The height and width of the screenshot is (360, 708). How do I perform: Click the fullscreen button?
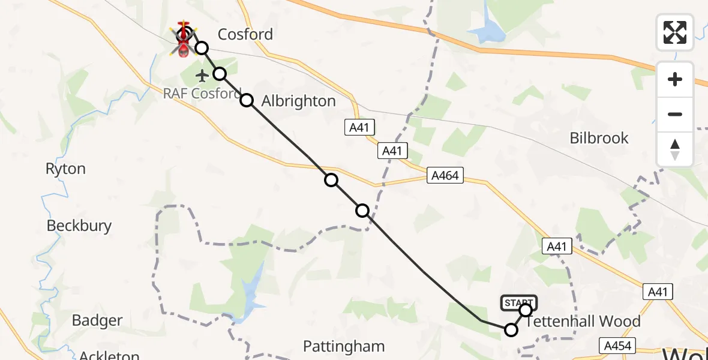(x=675, y=32)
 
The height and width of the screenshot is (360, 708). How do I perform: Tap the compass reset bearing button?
(x=675, y=150)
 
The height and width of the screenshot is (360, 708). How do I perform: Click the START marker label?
(x=518, y=302)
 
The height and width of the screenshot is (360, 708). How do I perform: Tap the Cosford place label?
(x=245, y=34)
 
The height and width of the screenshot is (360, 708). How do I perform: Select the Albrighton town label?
(x=298, y=101)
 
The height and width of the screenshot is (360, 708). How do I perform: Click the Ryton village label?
(x=65, y=169)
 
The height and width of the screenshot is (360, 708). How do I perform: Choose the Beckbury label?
(x=79, y=226)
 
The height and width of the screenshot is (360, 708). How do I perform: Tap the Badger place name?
(x=97, y=320)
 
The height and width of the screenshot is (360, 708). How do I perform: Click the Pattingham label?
(x=343, y=346)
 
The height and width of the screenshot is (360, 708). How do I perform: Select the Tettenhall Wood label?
(x=583, y=322)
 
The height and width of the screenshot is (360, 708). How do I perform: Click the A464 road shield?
(x=445, y=176)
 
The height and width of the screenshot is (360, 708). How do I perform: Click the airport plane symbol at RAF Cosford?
(x=202, y=76)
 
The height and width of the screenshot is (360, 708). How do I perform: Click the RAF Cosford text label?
(x=201, y=94)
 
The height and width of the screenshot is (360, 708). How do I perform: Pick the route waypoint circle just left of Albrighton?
(x=247, y=100)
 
